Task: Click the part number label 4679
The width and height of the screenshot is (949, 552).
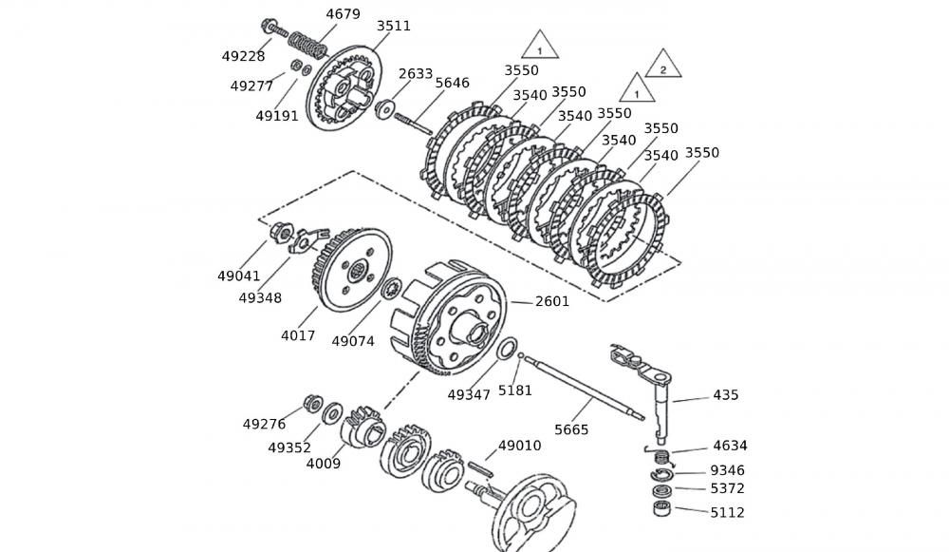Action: pos(343,14)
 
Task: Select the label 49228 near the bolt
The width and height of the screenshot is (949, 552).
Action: pos(244,56)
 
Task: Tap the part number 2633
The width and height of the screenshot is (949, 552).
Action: pos(416,73)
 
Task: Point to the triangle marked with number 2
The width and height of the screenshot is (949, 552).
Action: pos(663,67)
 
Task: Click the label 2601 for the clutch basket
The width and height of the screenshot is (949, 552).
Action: pos(552,301)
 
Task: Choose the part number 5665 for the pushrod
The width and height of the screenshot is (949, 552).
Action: pos(571,429)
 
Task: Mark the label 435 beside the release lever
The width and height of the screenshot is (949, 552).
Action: pos(725,395)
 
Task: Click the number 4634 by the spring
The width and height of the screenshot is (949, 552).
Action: pos(729,445)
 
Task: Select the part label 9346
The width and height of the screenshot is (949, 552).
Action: pos(728,470)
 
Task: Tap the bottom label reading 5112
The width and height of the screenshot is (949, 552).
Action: pos(728,513)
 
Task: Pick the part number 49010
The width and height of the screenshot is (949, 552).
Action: pos(519,445)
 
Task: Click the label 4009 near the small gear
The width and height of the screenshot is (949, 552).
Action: pos(323,464)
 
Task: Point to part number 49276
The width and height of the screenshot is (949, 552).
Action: pos(264,424)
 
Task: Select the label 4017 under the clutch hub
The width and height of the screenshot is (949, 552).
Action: pos(298,335)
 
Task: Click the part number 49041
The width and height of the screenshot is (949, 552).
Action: pos(238,276)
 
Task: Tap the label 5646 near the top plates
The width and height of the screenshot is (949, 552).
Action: pos(452,83)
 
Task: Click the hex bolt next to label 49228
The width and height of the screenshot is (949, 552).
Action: pos(269,28)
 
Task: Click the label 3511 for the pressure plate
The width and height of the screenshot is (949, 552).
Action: pos(393,26)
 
